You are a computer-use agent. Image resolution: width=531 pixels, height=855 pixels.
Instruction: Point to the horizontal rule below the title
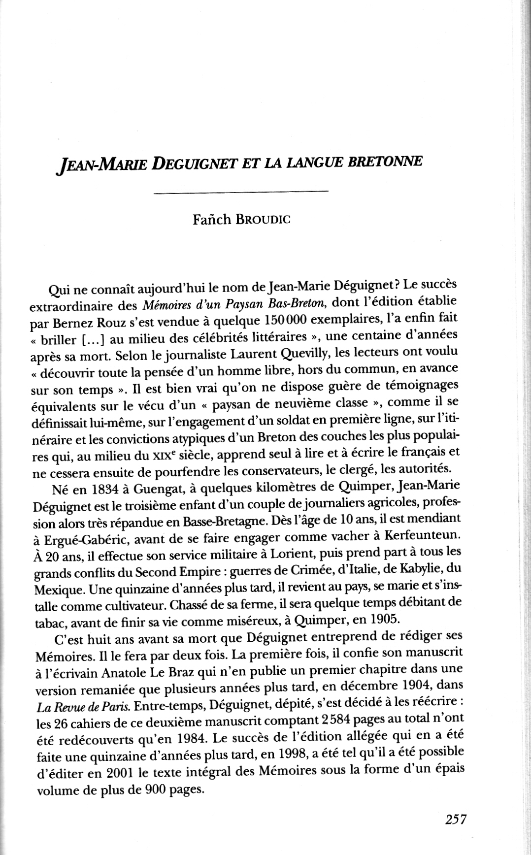(x=241, y=191)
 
